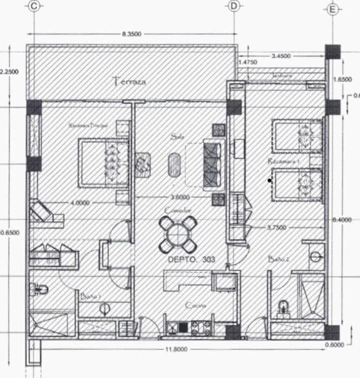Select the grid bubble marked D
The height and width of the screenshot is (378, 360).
click(x=234, y=6)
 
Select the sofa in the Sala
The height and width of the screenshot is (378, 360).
click(x=212, y=165)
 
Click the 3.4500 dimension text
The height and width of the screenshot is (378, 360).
click(x=280, y=56)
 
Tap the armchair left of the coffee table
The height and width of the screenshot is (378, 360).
click(x=144, y=163)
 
